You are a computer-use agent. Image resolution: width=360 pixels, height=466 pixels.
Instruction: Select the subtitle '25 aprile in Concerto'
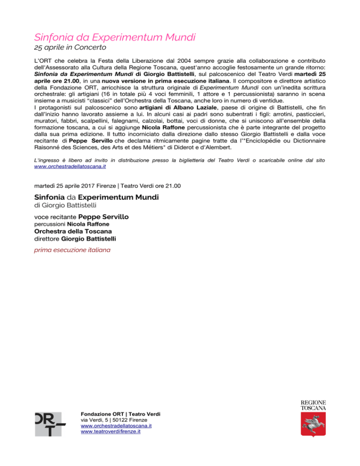pos(71,47)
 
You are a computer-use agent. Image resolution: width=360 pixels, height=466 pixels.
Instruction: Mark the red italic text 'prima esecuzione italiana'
pos(73,250)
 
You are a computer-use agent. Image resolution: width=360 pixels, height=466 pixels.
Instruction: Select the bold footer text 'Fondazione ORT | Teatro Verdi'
pos(120,414)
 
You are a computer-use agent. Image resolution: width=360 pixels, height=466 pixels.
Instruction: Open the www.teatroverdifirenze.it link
pos(111,432)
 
